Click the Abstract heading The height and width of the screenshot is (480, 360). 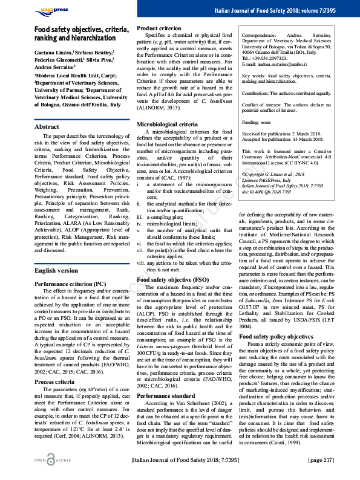(x=47, y=127)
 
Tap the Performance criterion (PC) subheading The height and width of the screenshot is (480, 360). (x=66, y=283)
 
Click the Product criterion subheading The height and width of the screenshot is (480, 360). (x=159, y=28)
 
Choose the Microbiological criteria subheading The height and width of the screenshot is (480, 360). (x=167, y=123)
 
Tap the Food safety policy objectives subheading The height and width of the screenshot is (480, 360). (x=276, y=336)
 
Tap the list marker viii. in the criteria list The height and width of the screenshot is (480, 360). (x=140, y=262)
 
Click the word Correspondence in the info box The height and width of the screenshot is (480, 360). (x=262, y=36)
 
